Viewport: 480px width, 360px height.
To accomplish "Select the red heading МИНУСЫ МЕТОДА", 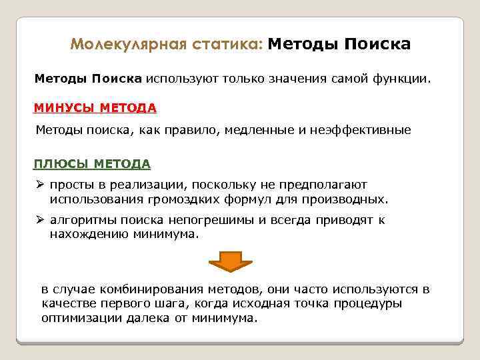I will (95, 107).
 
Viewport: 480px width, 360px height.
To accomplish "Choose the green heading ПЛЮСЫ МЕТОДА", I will (92, 163).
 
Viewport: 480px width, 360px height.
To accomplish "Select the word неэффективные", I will (360, 131).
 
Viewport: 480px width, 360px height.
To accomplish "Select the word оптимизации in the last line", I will (75, 317).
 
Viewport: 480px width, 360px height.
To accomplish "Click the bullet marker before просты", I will (39, 185).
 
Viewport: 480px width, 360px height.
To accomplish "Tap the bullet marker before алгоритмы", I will (39, 221).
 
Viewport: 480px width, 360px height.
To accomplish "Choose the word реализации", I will (151, 185).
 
